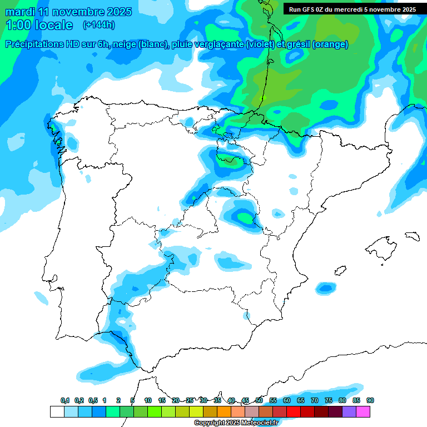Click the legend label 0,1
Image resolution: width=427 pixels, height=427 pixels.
coord(65,400)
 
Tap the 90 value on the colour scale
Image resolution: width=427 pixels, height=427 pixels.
coord(370,400)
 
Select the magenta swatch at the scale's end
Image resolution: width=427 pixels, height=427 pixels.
coord(363,412)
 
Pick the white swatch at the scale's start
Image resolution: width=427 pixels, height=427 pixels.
coord(57,412)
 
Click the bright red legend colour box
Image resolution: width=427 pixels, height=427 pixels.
coord(294,412)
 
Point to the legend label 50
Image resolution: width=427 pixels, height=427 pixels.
coord(259,400)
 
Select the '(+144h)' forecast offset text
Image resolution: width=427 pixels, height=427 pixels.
coord(99,25)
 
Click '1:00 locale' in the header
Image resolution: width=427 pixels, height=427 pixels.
coord(39,25)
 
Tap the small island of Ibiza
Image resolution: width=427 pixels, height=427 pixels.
coord(324,287)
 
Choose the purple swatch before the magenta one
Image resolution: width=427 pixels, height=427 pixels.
coord(349,412)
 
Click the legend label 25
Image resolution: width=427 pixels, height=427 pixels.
coord(190,400)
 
